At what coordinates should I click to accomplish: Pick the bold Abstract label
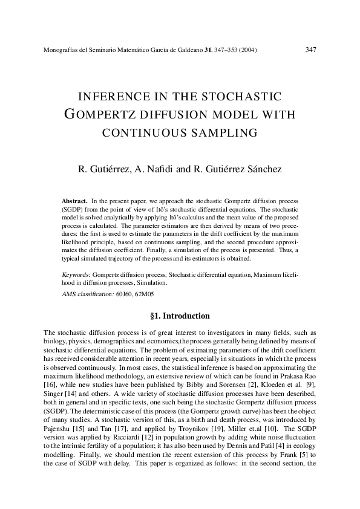pyautogui.click(x=75, y=200)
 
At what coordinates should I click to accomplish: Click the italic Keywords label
pyautogui.click(x=76, y=274)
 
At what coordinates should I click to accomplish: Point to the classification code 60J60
pyautogui.click(x=125, y=294)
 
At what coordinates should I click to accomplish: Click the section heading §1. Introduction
pyautogui.click(x=180, y=316)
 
